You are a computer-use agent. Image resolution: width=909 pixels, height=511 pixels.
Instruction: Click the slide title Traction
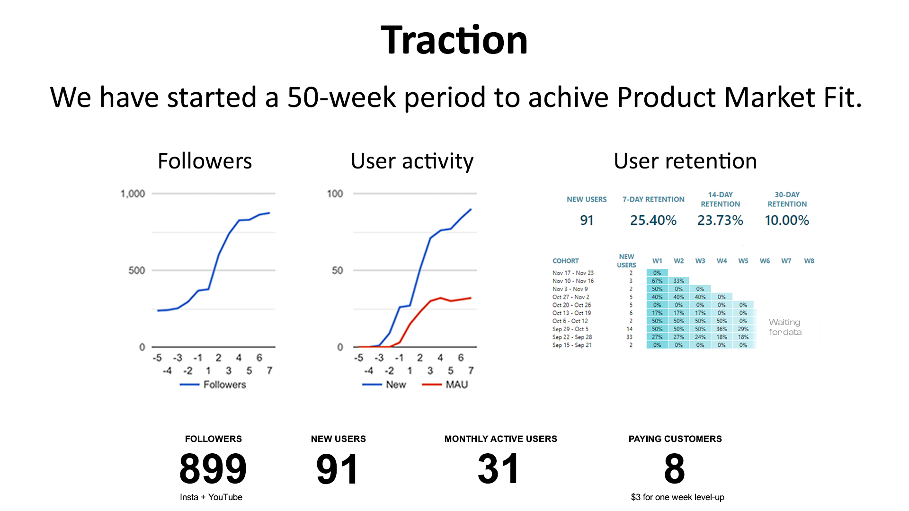point(454,40)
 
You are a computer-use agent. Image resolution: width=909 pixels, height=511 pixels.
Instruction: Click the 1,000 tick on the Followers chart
point(133,194)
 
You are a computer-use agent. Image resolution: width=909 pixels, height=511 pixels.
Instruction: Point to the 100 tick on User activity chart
point(335,194)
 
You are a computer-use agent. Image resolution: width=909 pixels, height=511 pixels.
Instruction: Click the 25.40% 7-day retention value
point(653,220)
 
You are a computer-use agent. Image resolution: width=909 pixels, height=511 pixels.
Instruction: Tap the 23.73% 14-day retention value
point(720,220)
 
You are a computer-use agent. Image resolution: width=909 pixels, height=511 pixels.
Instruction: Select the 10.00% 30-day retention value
point(787,220)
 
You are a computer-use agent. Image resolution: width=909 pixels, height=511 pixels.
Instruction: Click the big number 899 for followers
point(213,468)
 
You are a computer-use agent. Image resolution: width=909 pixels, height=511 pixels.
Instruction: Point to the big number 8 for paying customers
point(675,468)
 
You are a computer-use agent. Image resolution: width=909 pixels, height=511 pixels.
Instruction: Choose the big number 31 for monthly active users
point(499,468)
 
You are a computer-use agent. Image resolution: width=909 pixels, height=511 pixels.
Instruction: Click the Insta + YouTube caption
point(211,497)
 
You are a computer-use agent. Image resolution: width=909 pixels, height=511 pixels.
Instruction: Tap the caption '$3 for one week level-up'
point(677,497)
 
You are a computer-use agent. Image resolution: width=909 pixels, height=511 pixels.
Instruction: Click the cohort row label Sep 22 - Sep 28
point(572,337)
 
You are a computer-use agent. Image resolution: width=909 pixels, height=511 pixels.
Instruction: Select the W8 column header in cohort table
point(809,261)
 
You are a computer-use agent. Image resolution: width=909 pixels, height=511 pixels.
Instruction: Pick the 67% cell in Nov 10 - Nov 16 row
point(657,281)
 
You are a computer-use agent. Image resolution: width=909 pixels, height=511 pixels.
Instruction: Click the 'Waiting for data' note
point(785,327)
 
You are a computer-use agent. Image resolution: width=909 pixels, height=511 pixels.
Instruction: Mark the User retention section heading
point(685,161)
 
